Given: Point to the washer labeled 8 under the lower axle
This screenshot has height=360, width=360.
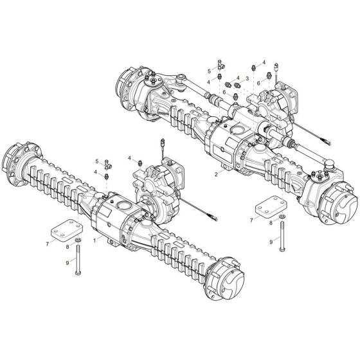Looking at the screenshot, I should point(77,241).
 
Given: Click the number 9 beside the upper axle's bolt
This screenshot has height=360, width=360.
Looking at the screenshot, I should point(271,241).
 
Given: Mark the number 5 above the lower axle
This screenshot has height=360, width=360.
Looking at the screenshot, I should point(97,160).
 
